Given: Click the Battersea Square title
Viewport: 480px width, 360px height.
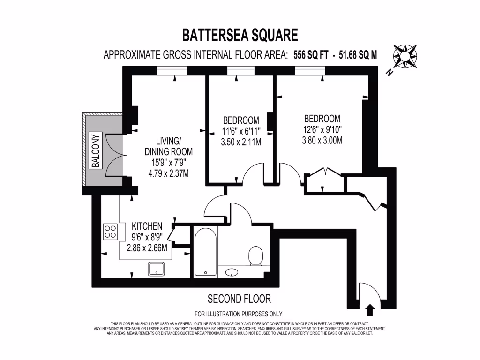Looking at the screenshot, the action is (x=240, y=35).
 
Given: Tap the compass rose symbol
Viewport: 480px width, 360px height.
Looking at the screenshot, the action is (x=405, y=56).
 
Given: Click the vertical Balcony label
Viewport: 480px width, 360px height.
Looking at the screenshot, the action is (x=96, y=150).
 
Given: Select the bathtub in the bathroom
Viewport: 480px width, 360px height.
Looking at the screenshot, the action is (x=206, y=252).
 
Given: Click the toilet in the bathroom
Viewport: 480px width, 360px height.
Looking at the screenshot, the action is (x=256, y=256).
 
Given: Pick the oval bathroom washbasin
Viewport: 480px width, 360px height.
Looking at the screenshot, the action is (x=232, y=272).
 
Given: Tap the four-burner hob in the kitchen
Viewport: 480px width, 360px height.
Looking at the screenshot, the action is (x=110, y=232).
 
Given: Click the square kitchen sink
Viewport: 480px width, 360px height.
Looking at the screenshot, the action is (x=157, y=269).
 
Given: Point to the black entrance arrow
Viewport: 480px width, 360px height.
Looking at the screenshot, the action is (x=370, y=310).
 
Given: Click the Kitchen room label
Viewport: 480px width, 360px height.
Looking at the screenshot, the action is (x=147, y=226).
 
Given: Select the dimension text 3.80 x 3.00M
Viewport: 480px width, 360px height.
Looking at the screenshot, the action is (x=322, y=141).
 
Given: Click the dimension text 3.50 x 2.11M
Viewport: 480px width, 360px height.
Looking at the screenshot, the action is (x=241, y=142).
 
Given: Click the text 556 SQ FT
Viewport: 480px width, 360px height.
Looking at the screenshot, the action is (x=311, y=55).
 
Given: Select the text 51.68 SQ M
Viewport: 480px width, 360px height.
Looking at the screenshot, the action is (x=358, y=55).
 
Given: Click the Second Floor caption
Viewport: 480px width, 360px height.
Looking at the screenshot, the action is (x=239, y=299).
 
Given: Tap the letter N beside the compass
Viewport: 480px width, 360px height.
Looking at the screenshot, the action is (x=390, y=73).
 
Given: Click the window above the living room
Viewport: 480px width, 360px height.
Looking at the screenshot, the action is (x=172, y=71).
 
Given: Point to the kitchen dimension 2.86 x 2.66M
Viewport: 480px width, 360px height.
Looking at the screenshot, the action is (x=147, y=247).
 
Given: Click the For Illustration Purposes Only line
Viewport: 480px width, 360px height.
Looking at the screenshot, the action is (x=239, y=314).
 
